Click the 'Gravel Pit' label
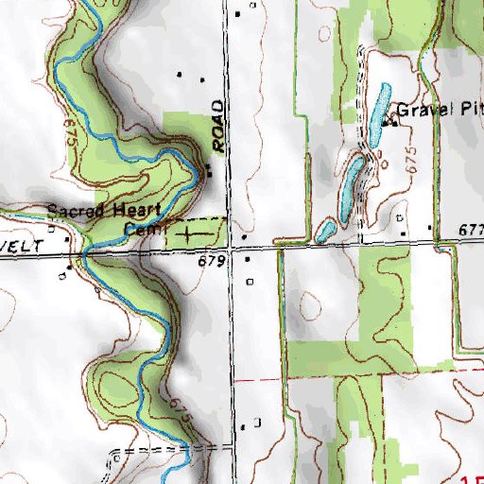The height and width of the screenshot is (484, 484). coord(438,109)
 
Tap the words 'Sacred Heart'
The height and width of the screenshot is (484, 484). coord(92,210)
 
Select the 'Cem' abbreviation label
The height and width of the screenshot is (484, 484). coord(146,228)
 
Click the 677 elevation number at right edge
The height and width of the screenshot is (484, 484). coord(469,230)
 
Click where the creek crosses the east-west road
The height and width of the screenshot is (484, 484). coord(85,252)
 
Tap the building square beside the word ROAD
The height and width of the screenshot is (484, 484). coord(209,173)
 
